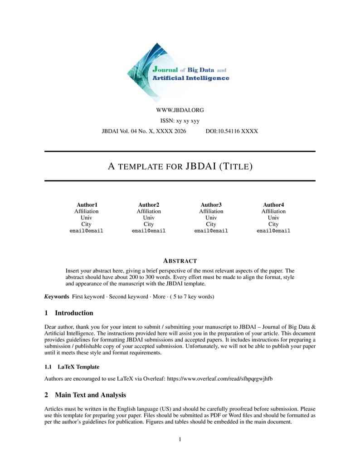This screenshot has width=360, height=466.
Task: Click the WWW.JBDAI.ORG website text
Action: (180, 110)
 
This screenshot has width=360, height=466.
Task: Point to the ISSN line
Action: (180, 121)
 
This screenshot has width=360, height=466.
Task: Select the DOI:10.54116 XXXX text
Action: (229, 131)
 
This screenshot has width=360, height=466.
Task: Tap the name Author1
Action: (87, 205)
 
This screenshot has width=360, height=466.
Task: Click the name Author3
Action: (211, 205)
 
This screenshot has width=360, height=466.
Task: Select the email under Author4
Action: (273, 231)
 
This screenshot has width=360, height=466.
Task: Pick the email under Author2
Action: (149, 231)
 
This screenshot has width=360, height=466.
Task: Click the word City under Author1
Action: (86, 224)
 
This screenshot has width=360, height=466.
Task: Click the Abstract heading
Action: (180, 261)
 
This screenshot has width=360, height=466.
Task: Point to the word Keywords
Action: (57, 297)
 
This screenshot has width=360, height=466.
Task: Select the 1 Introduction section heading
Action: (69, 313)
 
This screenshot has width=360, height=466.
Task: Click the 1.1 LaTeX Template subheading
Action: (72, 367)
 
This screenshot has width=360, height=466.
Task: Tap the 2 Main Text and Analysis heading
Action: (85, 395)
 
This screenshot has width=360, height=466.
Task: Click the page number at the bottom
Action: (180, 439)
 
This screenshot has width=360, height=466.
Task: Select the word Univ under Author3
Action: (211, 218)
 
